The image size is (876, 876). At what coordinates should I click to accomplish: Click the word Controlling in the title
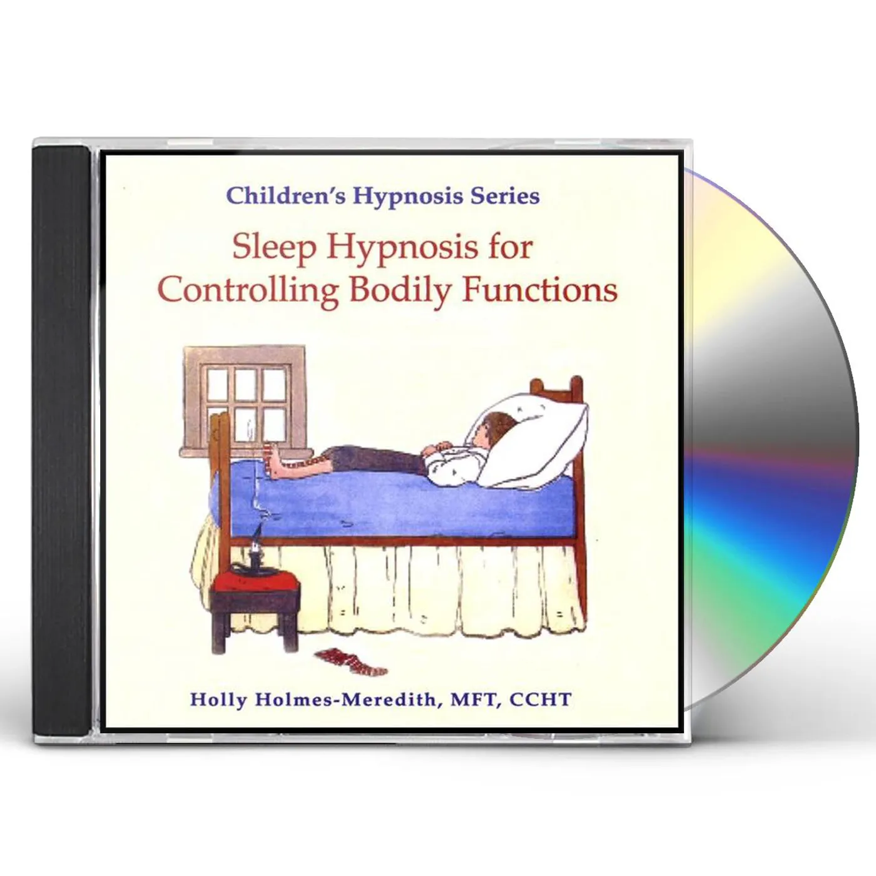(x=248, y=290)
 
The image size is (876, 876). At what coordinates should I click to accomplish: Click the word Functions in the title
(x=539, y=290)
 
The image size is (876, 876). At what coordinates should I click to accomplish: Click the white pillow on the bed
(x=538, y=438)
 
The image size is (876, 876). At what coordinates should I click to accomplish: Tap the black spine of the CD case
(x=61, y=438)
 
